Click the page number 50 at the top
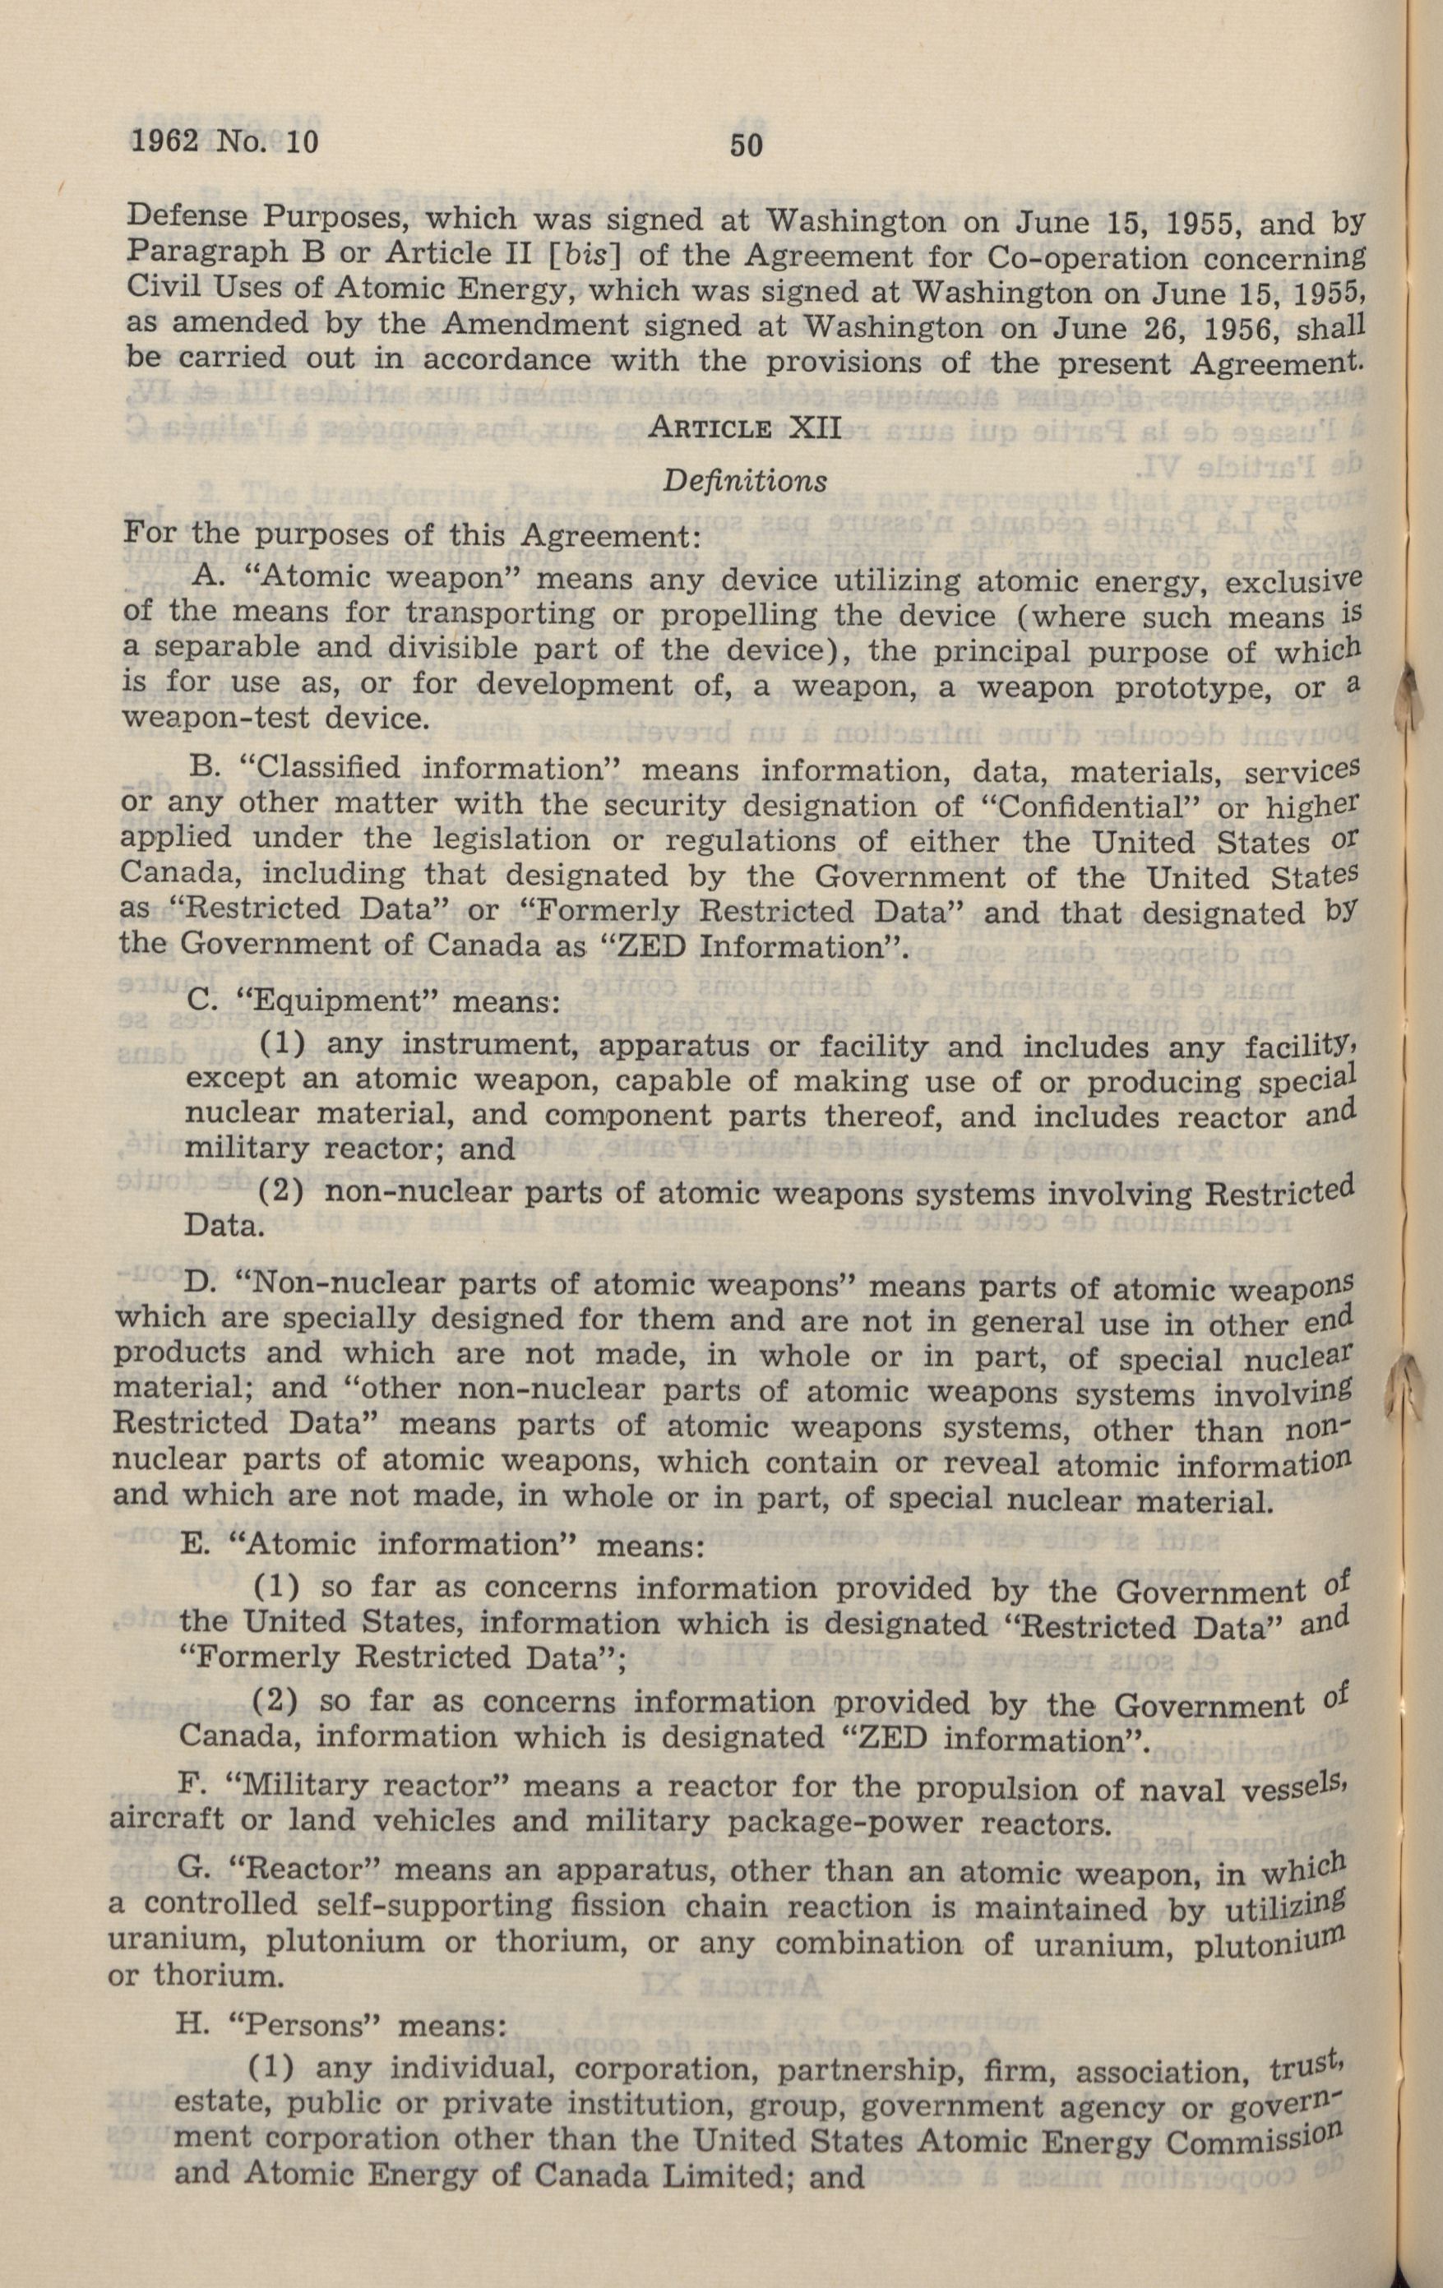point(746,145)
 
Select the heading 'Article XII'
point(744,428)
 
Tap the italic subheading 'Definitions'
point(744,481)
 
